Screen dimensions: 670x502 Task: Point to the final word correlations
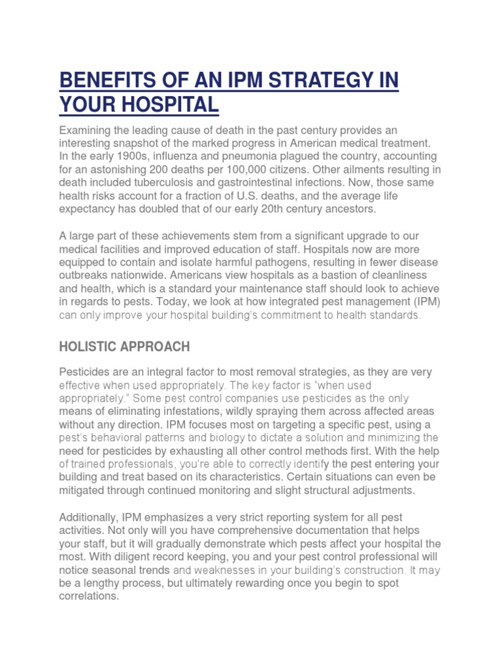click(88, 597)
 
